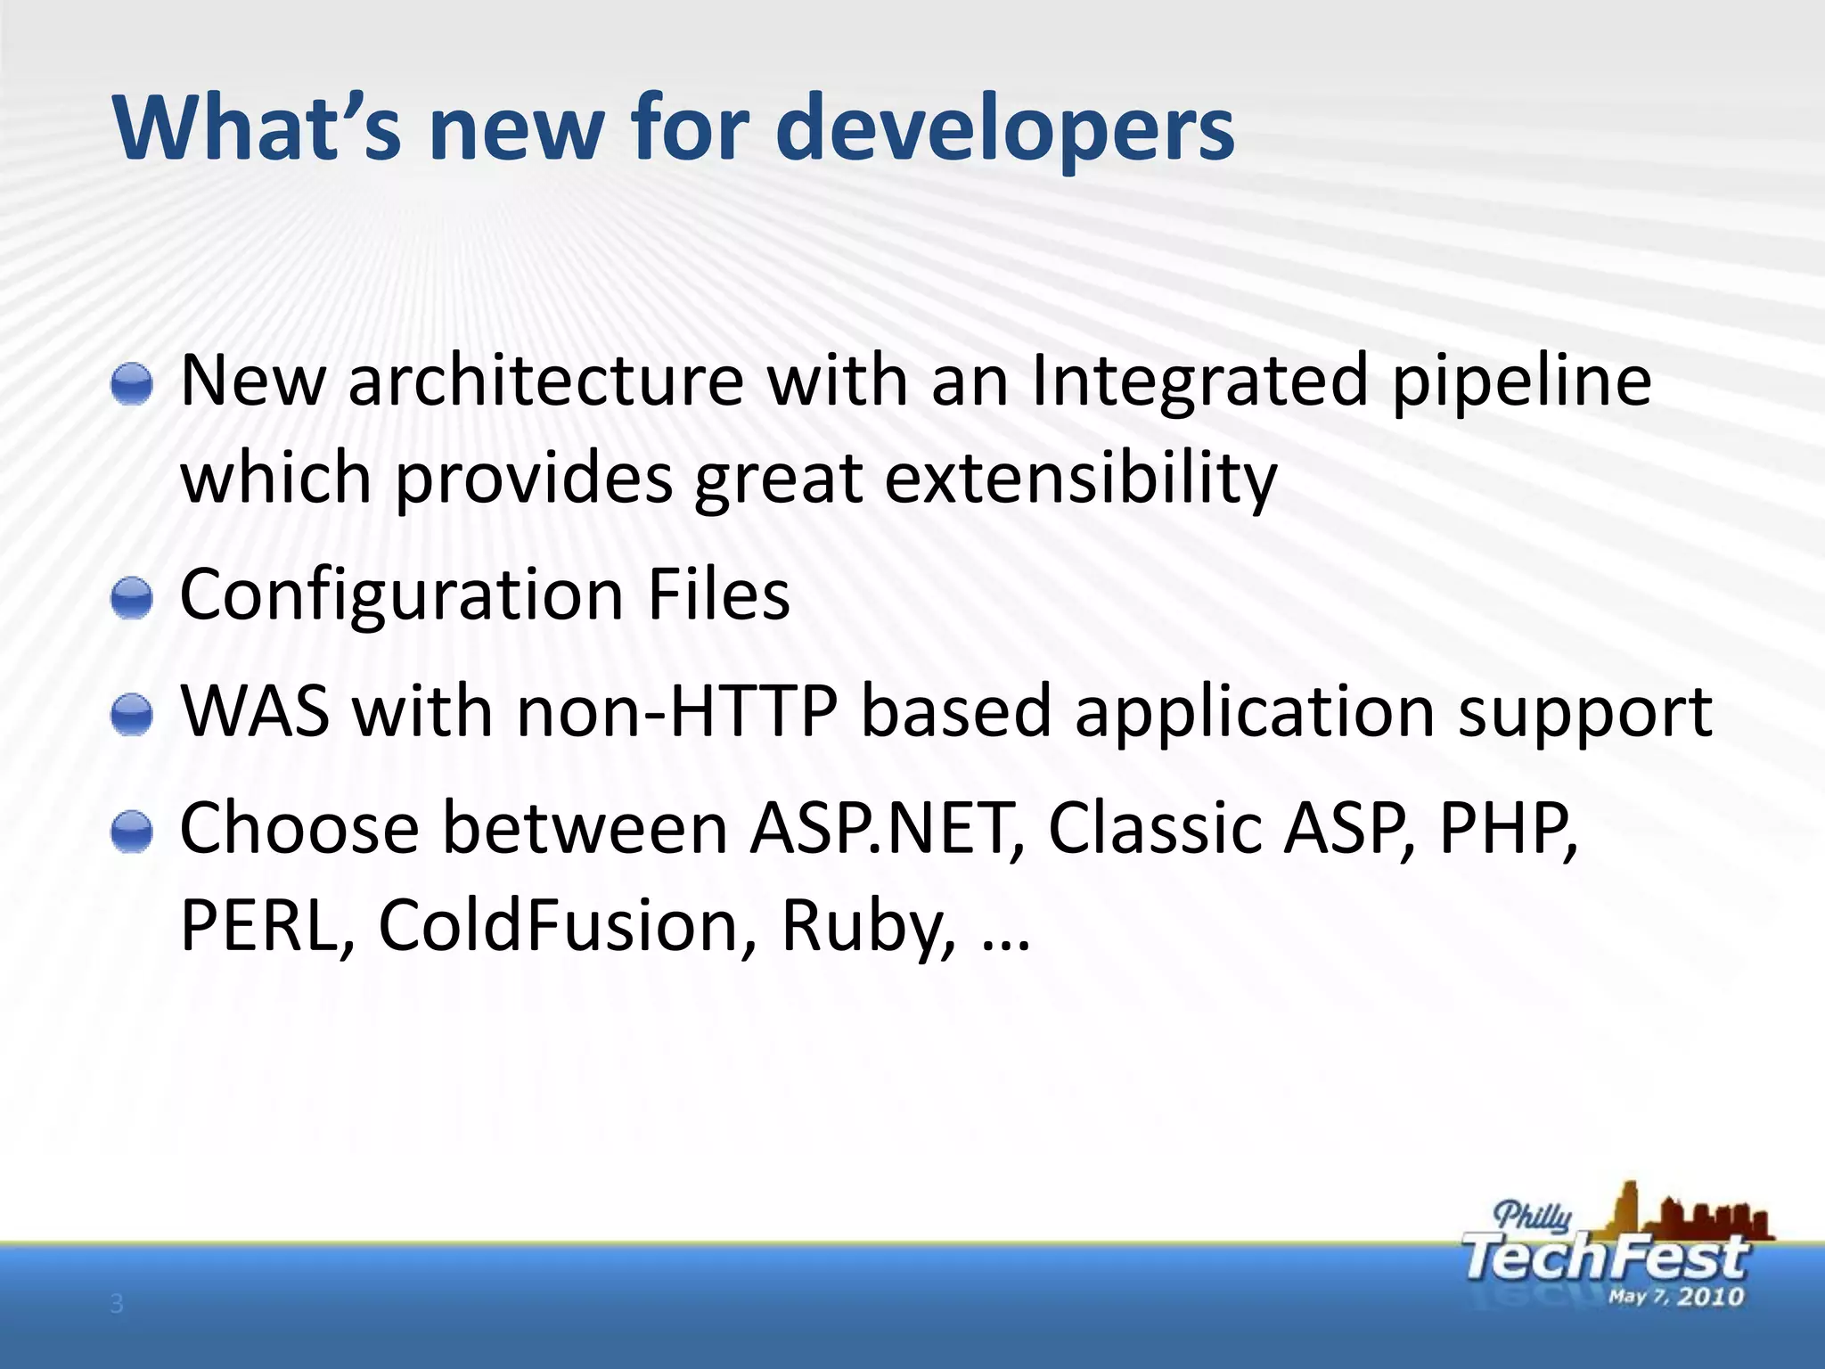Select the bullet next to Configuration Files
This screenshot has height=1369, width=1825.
click(133, 597)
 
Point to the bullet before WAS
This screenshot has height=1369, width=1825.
click(133, 715)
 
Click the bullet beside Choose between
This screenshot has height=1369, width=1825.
click(133, 832)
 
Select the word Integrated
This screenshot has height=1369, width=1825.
click(1199, 381)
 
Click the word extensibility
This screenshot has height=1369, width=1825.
click(1080, 480)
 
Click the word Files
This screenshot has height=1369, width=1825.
click(718, 595)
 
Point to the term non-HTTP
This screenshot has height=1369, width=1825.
click(677, 713)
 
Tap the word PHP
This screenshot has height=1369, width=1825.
click(1506, 829)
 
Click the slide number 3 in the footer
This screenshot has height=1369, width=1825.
click(117, 1305)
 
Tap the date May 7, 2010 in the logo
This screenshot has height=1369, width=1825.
click(1675, 1296)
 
